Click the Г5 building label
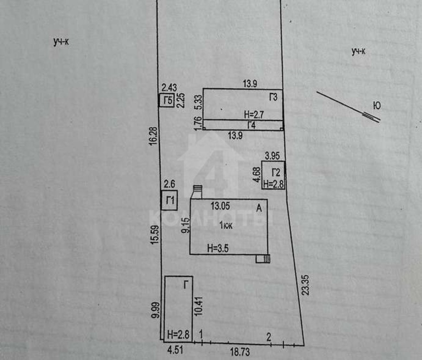tap(168, 101)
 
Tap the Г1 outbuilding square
tap(170, 201)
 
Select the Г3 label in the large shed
tap(273, 97)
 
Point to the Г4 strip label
tap(251, 125)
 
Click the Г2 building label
tap(276, 172)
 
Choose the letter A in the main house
tap(259, 208)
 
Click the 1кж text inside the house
tap(226, 225)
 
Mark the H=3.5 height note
tap(218, 248)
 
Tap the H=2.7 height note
tap(254, 114)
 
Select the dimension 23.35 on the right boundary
tap(306, 285)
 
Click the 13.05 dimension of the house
tap(220, 206)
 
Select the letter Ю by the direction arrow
tap(377, 106)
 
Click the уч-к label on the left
tap(61, 42)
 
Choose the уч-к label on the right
tap(358, 51)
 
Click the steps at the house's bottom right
tap(263, 259)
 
